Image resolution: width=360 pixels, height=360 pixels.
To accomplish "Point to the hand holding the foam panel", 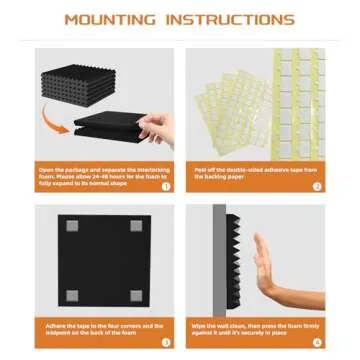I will point(155,126).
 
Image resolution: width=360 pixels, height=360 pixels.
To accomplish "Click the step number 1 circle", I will point(166,184).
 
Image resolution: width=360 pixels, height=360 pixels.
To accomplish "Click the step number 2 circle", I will point(316,184).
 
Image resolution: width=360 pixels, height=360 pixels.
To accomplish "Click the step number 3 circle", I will point(166,341).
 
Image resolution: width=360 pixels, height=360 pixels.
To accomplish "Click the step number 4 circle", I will point(316,341).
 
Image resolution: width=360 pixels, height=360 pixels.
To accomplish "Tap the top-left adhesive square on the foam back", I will point(72,226).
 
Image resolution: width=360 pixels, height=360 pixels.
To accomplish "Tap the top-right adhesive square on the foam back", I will point(135,226).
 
